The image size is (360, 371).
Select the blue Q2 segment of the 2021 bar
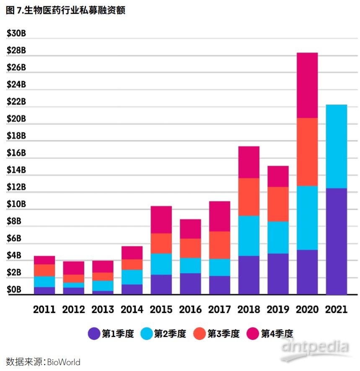(336, 146)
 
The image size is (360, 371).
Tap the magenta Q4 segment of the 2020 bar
(307, 85)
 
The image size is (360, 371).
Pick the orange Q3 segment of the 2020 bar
(307, 151)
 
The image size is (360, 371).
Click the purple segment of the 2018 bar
(249, 275)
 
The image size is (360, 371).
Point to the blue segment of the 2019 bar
(278, 237)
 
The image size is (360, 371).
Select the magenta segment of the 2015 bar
(161, 219)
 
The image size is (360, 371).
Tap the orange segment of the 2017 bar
(220, 245)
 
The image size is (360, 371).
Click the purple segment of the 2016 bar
(190, 283)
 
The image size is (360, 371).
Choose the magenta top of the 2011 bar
(44, 260)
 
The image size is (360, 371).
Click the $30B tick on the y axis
(16, 34)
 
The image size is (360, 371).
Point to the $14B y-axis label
(16, 170)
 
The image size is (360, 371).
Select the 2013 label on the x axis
(103, 310)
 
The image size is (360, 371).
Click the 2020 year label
(307, 310)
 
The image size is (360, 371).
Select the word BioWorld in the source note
(63, 362)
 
